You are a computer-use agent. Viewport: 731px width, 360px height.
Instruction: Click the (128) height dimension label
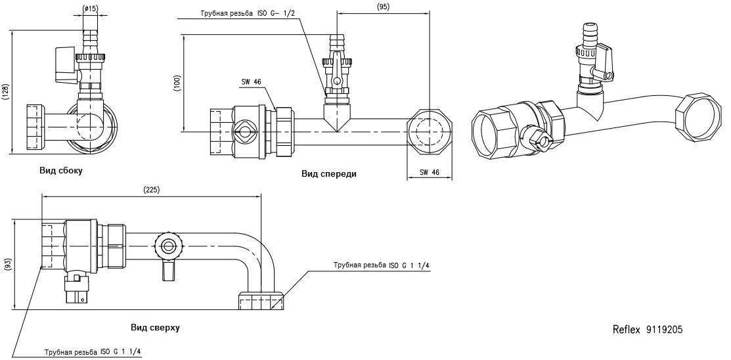pos(5,93)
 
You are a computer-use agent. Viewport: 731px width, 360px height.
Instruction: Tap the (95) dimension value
pos(383,7)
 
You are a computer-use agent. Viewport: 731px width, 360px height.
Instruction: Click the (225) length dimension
pos(152,189)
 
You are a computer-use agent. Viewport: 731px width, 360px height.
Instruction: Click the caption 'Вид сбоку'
pos(61,171)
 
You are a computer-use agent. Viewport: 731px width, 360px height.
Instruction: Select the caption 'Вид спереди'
pos(328,174)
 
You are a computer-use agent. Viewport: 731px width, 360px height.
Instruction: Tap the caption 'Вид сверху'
pos(155,327)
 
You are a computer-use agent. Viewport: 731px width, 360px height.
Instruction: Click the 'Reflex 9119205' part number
pos(648,330)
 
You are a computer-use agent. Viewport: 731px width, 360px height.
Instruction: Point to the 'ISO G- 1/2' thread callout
pos(275,13)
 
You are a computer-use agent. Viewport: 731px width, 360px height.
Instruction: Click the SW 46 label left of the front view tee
pos(252,81)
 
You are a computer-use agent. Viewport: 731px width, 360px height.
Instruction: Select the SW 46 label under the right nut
pos(430,172)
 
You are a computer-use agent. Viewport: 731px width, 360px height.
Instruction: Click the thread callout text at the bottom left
pos(93,352)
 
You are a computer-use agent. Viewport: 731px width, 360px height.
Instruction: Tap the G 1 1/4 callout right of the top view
pos(382,265)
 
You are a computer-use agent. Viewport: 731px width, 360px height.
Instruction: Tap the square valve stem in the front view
pos(244,132)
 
